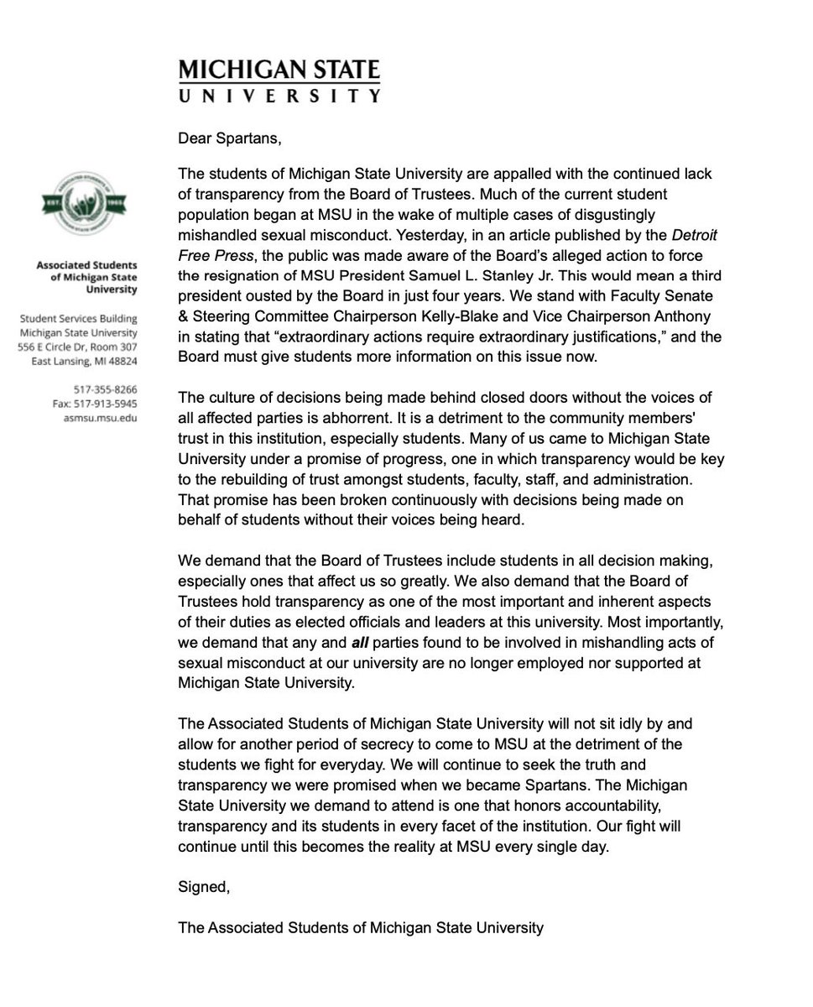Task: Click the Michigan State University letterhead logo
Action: [x=279, y=80]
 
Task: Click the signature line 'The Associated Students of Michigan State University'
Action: [x=361, y=928]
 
